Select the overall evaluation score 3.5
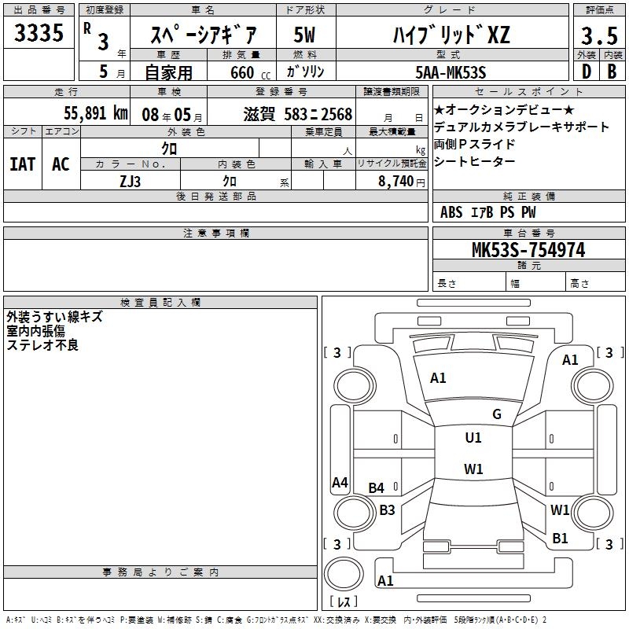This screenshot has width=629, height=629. (598, 36)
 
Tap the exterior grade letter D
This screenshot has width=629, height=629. (586, 71)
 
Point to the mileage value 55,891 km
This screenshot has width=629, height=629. (95, 112)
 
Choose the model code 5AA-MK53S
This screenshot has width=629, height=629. (451, 72)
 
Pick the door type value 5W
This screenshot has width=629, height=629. (305, 35)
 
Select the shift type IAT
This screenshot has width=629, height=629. (22, 164)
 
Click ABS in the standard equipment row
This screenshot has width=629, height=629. (451, 212)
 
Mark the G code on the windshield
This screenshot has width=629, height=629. (496, 414)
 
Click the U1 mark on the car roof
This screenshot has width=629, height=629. (473, 438)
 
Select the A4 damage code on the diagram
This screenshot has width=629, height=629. (340, 483)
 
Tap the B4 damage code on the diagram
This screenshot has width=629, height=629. (377, 488)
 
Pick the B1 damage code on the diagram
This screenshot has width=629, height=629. (560, 539)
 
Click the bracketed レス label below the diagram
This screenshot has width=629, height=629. (344, 602)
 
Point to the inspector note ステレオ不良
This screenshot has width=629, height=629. (42, 344)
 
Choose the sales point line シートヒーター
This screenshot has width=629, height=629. (475, 161)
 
